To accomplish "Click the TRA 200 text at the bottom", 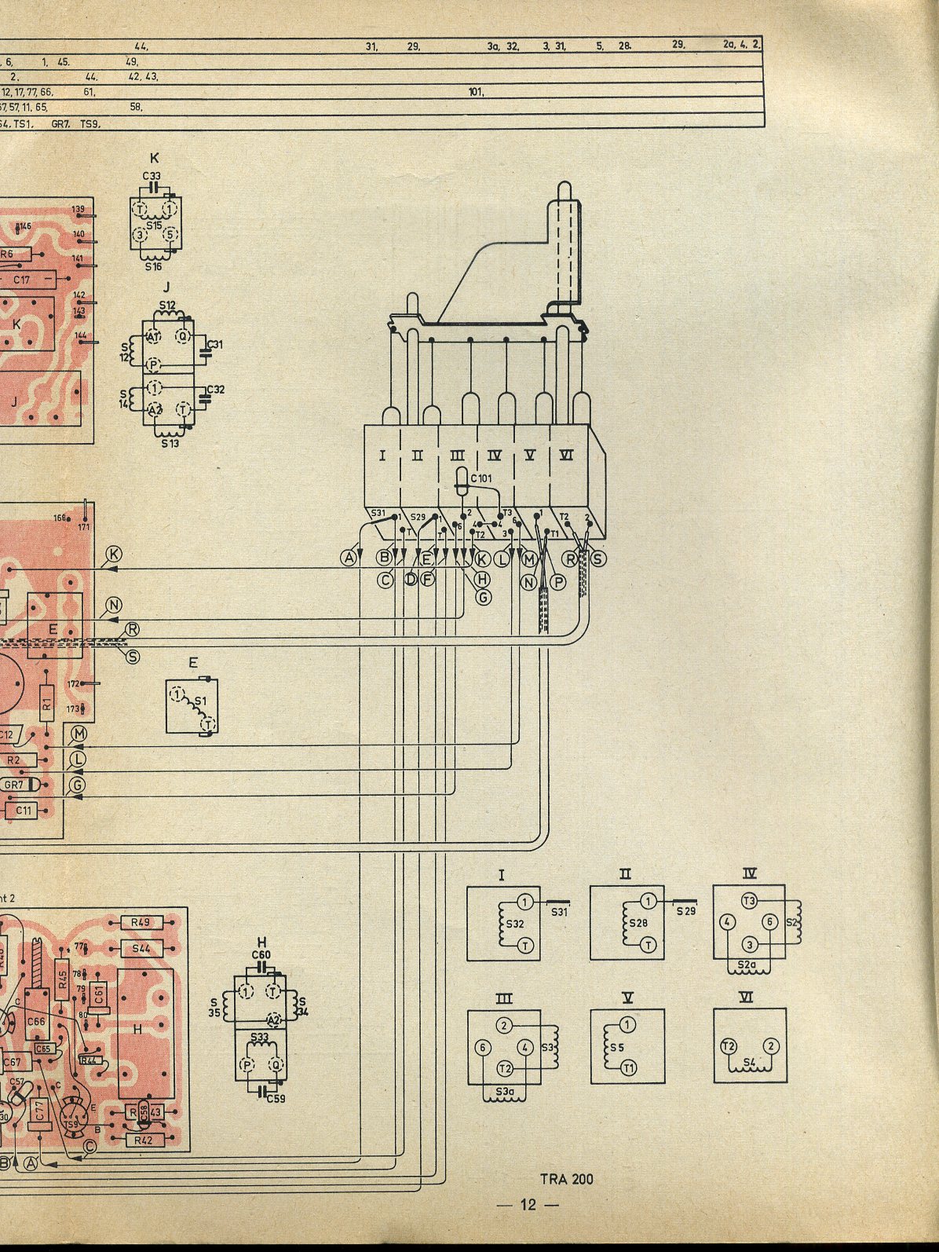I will point(566,1179).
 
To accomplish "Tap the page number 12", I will point(528,1205).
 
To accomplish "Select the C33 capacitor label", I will point(152,176).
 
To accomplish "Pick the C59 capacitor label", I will point(276,1098).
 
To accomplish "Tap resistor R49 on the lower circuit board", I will point(141,922).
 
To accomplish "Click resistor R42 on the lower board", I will point(143,1140).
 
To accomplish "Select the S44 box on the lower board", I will point(141,949).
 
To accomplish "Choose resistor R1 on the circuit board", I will point(46,697).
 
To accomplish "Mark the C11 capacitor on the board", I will point(24,810).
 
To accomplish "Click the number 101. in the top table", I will point(476,92).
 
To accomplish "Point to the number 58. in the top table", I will point(135,106).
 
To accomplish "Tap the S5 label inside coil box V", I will point(616,1048).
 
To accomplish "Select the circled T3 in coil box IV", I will point(749,900).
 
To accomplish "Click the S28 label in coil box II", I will point(638,923).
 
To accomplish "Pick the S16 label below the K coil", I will point(154,267).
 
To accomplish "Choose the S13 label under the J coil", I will point(170,444).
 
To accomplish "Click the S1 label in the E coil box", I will point(200,701).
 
